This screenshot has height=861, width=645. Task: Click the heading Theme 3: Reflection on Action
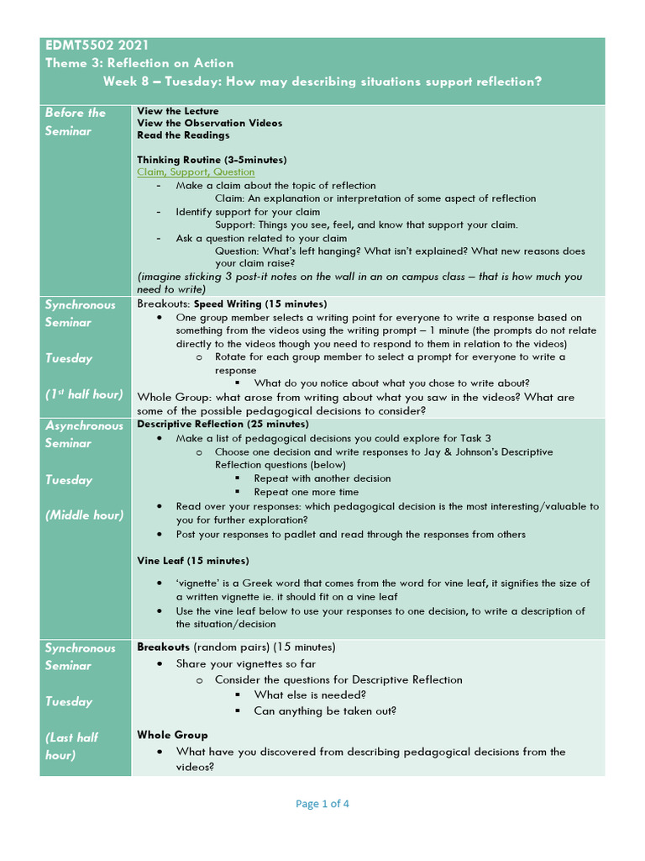139,63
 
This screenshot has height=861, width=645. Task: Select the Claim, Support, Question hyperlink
196,172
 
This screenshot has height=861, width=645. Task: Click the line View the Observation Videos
209,123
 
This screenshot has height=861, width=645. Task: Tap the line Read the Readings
183,135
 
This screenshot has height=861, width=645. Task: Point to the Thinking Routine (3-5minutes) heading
212,160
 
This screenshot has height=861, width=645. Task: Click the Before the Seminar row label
75,121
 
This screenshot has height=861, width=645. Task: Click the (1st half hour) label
84,394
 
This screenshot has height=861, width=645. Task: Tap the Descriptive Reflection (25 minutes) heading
223,424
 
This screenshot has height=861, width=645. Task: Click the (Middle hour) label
84,515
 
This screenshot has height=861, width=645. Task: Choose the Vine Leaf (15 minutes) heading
192,560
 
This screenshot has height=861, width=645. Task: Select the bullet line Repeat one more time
306,492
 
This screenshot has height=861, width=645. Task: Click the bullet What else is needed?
309,695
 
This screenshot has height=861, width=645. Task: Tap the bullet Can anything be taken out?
325,710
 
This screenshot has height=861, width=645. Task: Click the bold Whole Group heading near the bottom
172,734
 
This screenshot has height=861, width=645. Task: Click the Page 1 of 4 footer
322,803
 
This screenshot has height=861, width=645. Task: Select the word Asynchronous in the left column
84,425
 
